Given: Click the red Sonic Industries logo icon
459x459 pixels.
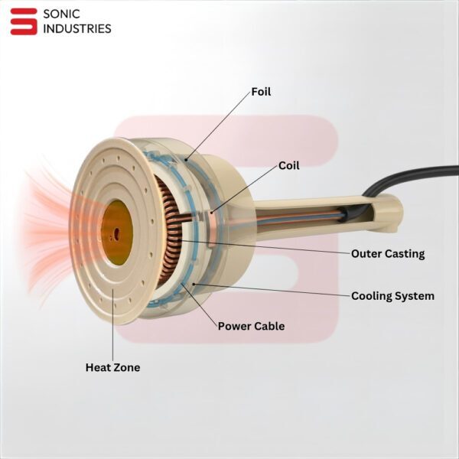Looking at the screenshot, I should point(23,21).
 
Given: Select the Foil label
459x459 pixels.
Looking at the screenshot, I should point(261,92).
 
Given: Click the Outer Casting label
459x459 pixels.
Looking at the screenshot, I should point(387,253).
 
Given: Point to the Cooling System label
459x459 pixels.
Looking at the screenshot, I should point(392,295).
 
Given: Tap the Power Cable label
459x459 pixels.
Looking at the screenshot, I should point(251,326).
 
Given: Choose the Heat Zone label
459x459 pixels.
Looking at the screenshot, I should point(112,367).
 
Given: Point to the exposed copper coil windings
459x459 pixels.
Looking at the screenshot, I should point(170,229).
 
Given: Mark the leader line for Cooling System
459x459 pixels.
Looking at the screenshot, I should point(275,288).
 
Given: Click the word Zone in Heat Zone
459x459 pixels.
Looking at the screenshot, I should point(127,367).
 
